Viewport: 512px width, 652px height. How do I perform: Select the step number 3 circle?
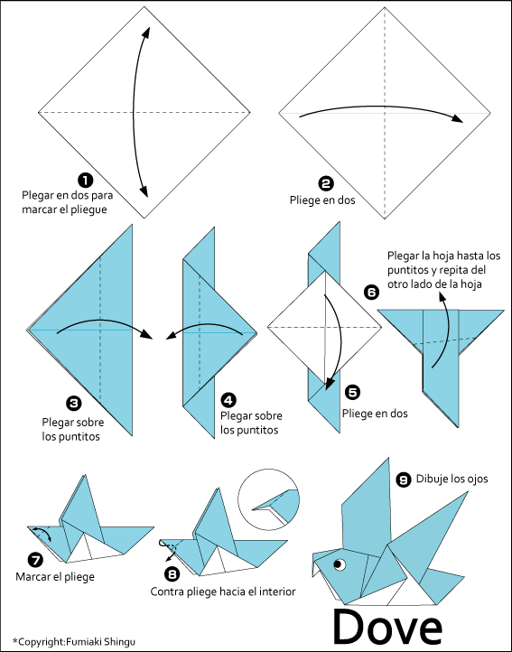coord(71,402)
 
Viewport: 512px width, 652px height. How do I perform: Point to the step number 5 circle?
coord(352,392)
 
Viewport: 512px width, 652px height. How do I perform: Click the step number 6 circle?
coord(371,292)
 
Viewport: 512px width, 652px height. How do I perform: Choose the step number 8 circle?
coord(172,573)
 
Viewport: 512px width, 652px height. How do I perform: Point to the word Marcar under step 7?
coord(34,576)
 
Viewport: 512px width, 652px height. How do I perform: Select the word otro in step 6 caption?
coord(399,284)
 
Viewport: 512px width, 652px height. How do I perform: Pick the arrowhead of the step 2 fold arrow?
coord(459,118)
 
